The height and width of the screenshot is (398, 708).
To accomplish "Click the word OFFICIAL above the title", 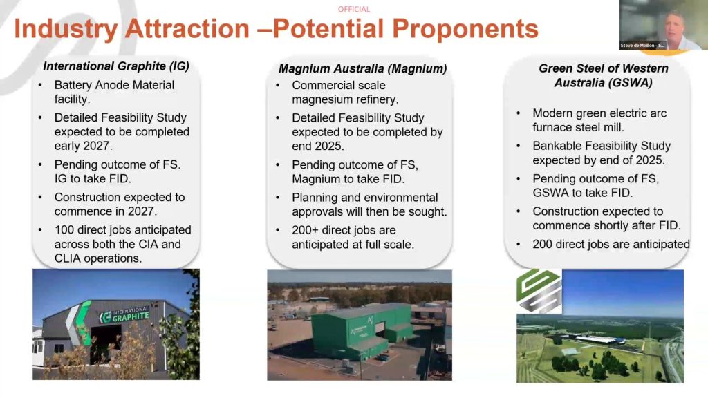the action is click(353, 9).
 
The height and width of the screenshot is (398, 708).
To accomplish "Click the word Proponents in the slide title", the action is click(465, 29).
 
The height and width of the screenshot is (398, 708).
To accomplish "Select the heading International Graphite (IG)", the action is click(116, 66).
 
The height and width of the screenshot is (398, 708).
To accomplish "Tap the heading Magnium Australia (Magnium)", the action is click(362, 68).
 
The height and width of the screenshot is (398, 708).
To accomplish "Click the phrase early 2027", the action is click(83, 146).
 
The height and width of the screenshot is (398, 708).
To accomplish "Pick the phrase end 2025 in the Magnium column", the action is click(318, 146).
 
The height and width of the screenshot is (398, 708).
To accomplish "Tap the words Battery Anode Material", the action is click(114, 85).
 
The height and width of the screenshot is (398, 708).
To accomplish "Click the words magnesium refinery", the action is click(345, 99).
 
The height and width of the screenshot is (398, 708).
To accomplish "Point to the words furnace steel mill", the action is click(578, 127).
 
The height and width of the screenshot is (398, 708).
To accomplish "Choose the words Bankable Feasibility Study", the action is click(602, 146).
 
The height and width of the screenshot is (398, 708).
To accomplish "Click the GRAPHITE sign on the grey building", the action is click(131, 316).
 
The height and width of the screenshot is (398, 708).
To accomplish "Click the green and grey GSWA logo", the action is click(539, 291).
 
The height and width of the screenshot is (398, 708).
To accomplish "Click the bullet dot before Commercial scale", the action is click(278, 85).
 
